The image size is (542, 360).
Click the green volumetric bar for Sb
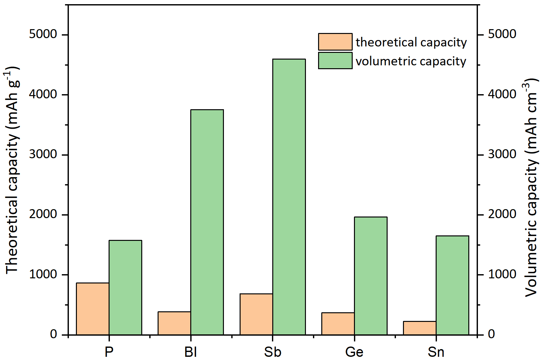(x=289, y=197)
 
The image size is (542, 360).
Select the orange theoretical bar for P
(x=93, y=309)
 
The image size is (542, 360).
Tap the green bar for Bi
(x=207, y=222)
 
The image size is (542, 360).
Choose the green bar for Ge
(x=371, y=276)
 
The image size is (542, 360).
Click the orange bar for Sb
(x=256, y=314)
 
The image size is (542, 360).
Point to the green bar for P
(x=125, y=287)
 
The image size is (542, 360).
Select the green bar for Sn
(x=452, y=285)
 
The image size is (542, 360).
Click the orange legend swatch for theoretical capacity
(x=335, y=42)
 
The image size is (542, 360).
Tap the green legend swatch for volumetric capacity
(x=335, y=61)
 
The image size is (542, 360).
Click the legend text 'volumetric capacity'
(x=411, y=61)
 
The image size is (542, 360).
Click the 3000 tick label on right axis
(x=502, y=154)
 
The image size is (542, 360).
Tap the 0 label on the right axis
(x=491, y=334)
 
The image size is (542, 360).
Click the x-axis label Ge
(x=354, y=352)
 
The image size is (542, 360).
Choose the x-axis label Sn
(x=436, y=352)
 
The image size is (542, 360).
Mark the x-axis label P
(x=109, y=352)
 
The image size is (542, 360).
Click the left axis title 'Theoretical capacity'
(x=12, y=170)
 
